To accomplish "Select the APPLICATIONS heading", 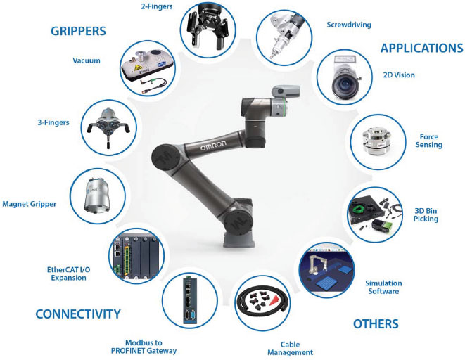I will click(421, 48).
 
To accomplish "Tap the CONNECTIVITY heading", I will click(77, 314).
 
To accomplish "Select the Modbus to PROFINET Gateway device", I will click(189, 301).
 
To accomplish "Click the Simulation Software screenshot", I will click(329, 271).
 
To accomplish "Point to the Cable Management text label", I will click(291, 348).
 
